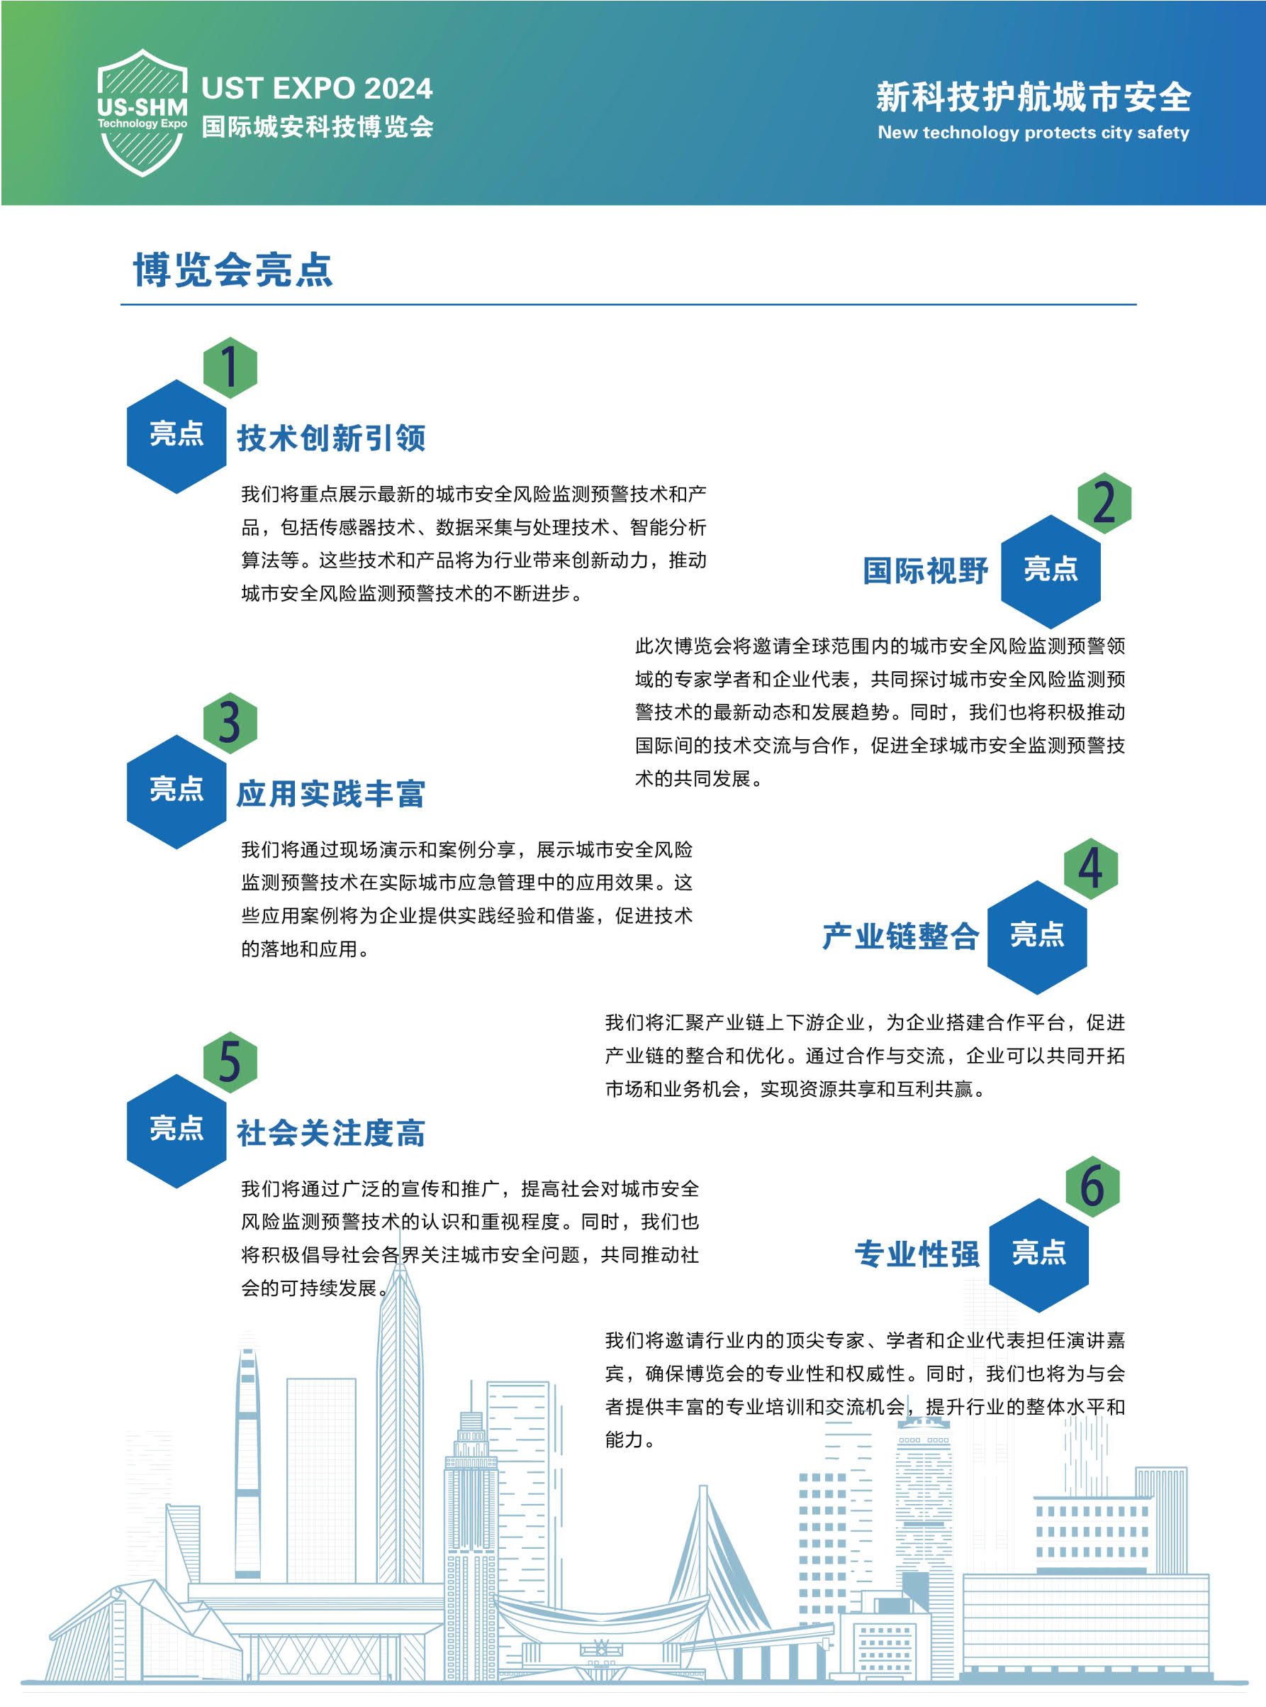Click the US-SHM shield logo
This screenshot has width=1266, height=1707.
pyautogui.click(x=142, y=113)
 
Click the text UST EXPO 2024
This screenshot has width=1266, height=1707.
pyautogui.click(x=316, y=88)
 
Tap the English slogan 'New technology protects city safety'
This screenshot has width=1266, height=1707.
pyautogui.click(x=1033, y=133)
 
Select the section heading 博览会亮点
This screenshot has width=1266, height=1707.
pyautogui.click(x=233, y=269)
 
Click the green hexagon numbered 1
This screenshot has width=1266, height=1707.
pyautogui.click(x=230, y=367)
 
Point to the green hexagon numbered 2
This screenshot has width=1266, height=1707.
pyautogui.click(x=1104, y=503)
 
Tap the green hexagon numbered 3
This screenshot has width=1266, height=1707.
pyautogui.click(x=230, y=722)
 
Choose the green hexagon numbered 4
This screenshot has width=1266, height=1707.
pyautogui.click(x=1090, y=868)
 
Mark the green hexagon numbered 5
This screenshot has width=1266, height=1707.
pyautogui.click(x=230, y=1062)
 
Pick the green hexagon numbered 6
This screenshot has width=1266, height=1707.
pyautogui.click(x=1092, y=1186)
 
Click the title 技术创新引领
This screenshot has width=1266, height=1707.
pyautogui.click(x=331, y=438)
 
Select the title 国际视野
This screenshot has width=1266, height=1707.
pyautogui.click(x=926, y=570)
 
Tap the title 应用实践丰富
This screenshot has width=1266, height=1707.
pyautogui.click(x=331, y=794)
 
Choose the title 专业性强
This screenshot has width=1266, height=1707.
pyautogui.click(x=917, y=1254)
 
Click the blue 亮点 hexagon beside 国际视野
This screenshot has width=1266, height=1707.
pyautogui.click(x=1051, y=571)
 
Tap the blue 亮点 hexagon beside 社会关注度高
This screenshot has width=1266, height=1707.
pyautogui.click(x=177, y=1131)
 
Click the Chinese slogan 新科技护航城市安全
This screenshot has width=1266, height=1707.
pyautogui.click(x=1033, y=97)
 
